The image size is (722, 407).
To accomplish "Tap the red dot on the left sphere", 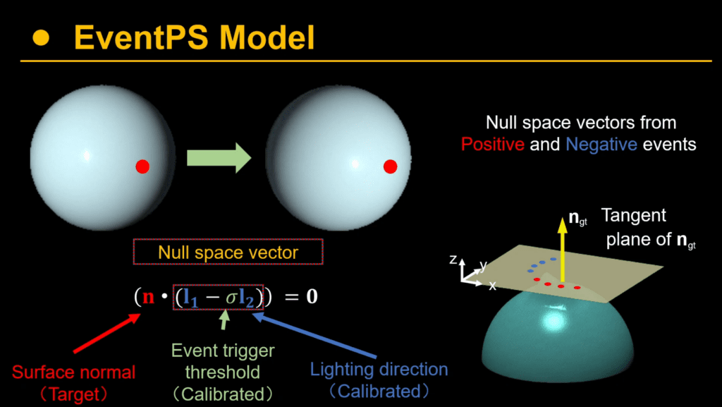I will (x=142, y=166).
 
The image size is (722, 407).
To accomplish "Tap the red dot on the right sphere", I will (x=390, y=166).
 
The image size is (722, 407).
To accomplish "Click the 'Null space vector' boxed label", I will (x=228, y=252).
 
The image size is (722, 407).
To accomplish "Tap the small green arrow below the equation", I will (x=225, y=321).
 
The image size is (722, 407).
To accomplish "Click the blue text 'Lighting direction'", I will (x=379, y=369).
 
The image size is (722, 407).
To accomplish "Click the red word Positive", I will (x=493, y=145).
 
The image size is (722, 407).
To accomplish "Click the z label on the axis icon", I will (x=453, y=260).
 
